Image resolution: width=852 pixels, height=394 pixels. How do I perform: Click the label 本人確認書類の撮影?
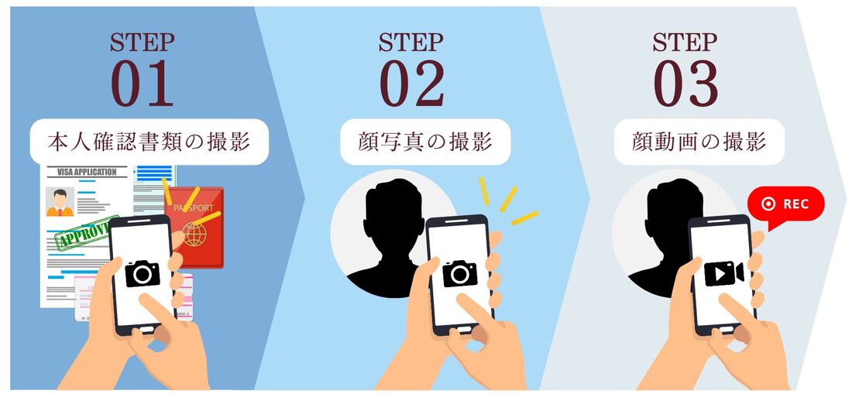(149, 142)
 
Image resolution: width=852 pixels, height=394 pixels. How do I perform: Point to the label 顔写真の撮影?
(425, 142)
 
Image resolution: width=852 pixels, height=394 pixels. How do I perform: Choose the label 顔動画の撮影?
(699, 142)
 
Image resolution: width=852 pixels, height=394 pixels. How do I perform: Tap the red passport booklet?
(194, 227)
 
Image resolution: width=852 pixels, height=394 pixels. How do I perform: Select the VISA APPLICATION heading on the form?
(87, 172)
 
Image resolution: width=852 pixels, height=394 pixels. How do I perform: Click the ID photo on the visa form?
(60, 202)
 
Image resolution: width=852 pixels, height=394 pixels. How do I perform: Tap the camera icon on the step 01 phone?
(143, 273)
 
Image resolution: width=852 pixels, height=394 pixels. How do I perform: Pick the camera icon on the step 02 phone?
(459, 273)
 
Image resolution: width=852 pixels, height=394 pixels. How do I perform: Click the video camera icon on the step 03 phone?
(723, 273)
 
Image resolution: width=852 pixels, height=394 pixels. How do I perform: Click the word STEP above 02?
(411, 43)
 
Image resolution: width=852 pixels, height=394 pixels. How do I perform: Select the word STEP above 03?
(685, 43)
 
